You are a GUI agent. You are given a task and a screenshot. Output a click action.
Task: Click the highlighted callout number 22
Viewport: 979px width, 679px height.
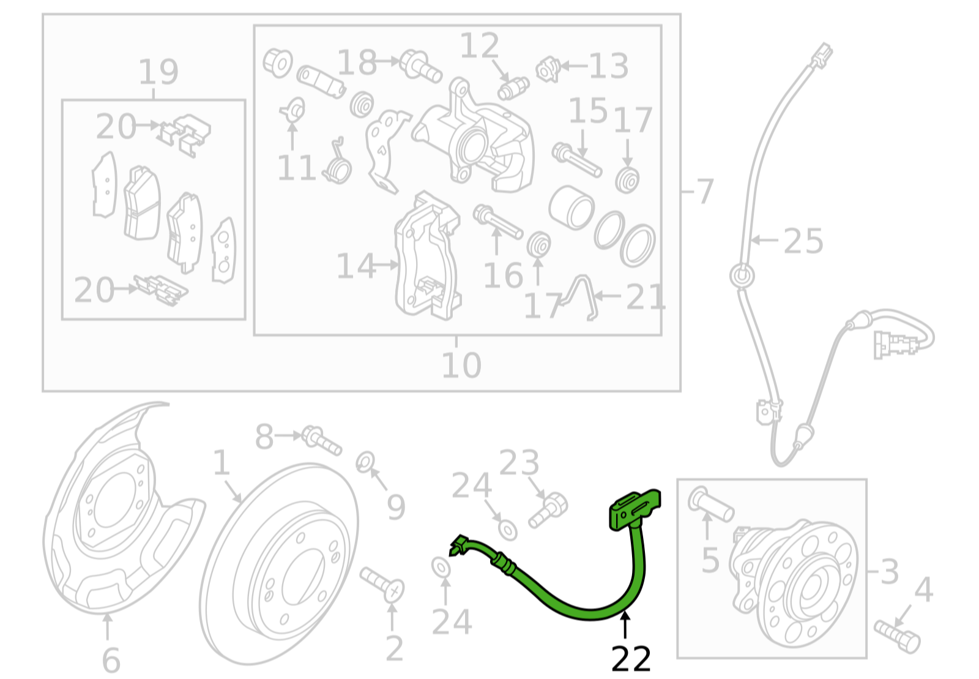pyautogui.click(x=631, y=659)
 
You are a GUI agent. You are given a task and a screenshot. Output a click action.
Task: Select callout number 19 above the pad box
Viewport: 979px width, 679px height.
pyautogui.click(x=158, y=72)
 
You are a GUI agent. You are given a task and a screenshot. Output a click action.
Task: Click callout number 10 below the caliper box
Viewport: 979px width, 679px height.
pyautogui.click(x=461, y=365)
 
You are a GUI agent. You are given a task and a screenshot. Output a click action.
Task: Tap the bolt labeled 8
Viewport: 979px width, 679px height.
pyautogui.click(x=321, y=439)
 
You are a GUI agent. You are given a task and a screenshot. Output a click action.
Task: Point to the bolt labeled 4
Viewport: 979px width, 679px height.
pyautogui.click(x=897, y=634)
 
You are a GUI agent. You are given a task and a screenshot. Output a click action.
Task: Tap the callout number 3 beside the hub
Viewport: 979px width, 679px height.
pyautogui.click(x=889, y=571)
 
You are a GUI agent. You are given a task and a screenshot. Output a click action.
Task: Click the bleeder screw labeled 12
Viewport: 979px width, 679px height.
pyautogui.click(x=513, y=88)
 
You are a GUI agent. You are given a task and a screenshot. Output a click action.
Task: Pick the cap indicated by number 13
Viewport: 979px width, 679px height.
pyautogui.click(x=548, y=69)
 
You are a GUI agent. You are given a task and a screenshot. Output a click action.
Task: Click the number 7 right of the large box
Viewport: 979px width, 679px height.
pyautogui.click(x=705, y=191)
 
